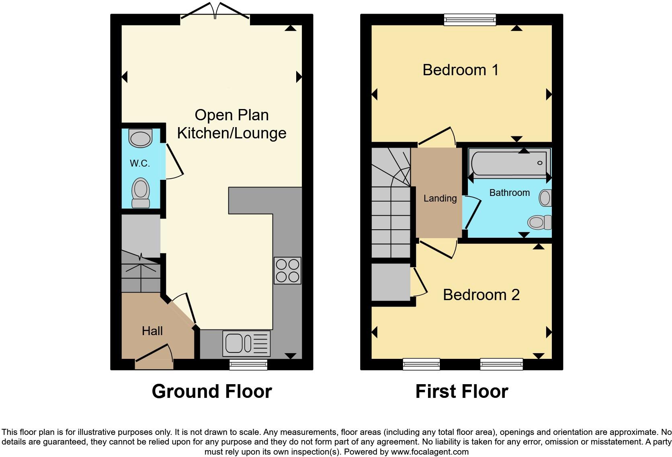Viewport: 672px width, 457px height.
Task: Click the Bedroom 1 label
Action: click(x=461, y=70)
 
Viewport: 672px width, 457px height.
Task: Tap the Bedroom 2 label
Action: click(x=481, y=295)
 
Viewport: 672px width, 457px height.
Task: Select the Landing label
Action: click(x=440, y=198)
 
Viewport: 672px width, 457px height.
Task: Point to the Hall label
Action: click(x=152, y=331)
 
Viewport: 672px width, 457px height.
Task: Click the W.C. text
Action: click(x=140, y=163)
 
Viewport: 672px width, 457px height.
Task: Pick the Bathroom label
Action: click(x=509, y=193)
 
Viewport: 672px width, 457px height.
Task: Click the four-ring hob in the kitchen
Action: click(x=287, y=270)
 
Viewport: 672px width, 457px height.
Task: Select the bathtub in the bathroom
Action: click(x=509, y=163)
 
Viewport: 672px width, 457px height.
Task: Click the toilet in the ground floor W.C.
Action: click(x=141, y=193)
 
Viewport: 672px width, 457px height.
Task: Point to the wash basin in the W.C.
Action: click(x=140, y=138)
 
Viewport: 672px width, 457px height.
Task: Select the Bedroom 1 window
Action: click(x=470, y=19)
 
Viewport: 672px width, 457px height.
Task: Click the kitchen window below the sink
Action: click(x=248, y=364)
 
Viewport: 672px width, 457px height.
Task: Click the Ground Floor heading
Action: click(x=212, y=391)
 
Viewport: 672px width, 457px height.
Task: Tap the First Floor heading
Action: click(x=461, y=391)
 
